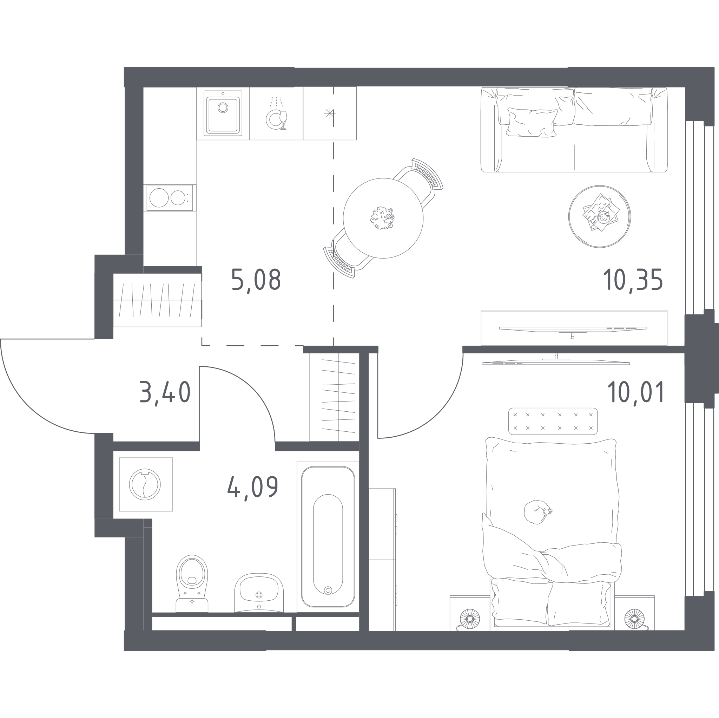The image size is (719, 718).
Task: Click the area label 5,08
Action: (256, 280)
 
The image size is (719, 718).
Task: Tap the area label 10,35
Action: (633, 280)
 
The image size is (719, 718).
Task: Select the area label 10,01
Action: (636, 392)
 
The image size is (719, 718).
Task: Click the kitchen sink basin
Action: (223, 113)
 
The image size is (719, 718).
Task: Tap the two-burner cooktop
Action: (170, 197)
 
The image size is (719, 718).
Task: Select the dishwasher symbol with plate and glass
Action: (277, 113)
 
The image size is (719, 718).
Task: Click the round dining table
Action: (383, 218)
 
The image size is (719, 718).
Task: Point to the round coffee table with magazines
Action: (600, 216)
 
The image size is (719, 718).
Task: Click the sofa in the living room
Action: (574, 130)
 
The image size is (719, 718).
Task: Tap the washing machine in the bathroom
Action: (146, 484)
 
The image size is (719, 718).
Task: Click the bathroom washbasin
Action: (259, 593)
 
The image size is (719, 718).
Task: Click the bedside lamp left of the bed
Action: (470, 619)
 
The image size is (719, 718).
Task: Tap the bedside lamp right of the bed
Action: (634, 619)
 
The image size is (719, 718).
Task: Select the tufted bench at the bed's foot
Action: (553, 421)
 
